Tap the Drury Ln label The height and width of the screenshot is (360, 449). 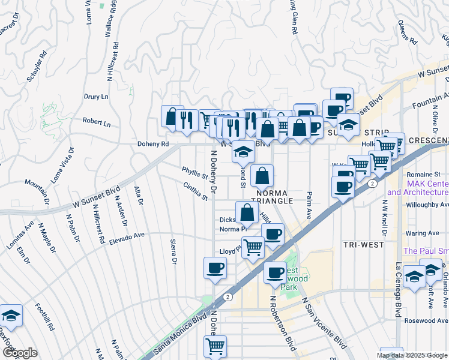pyautogui.click(x=96, y=97)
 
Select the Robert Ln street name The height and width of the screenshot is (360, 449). pyautogui.click(x=97, y=124)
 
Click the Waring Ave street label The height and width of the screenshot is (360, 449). pyautogui.click(x=423, y=233)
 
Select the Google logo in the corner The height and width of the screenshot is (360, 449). pyautogui.click(x=19, y=353)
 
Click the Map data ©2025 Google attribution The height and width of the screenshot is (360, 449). pyautogui.click(x=412, y=355)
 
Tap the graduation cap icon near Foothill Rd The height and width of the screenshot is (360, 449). pyautogui.click(x=11, y=316)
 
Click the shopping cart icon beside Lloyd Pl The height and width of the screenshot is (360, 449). pyautogui.click(x=253, y=247)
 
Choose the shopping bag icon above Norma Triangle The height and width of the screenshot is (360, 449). pyautogui.click(x=262, y=176)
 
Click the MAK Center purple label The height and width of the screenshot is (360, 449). pyautogui.click(x=418, y=188)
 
